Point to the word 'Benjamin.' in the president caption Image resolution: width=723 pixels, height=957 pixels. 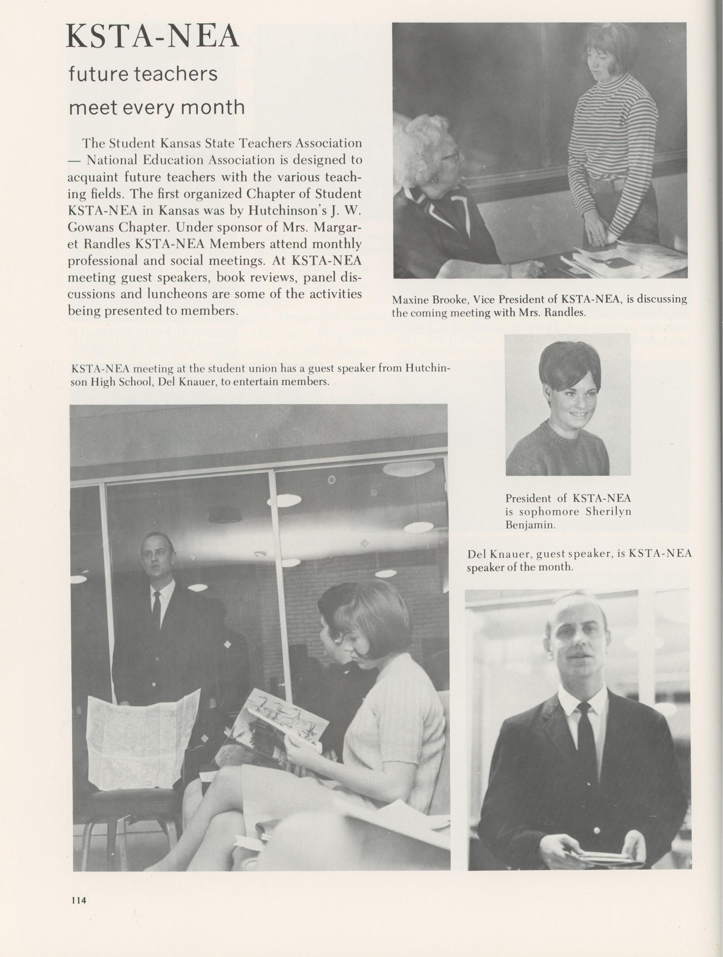(530, 525)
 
